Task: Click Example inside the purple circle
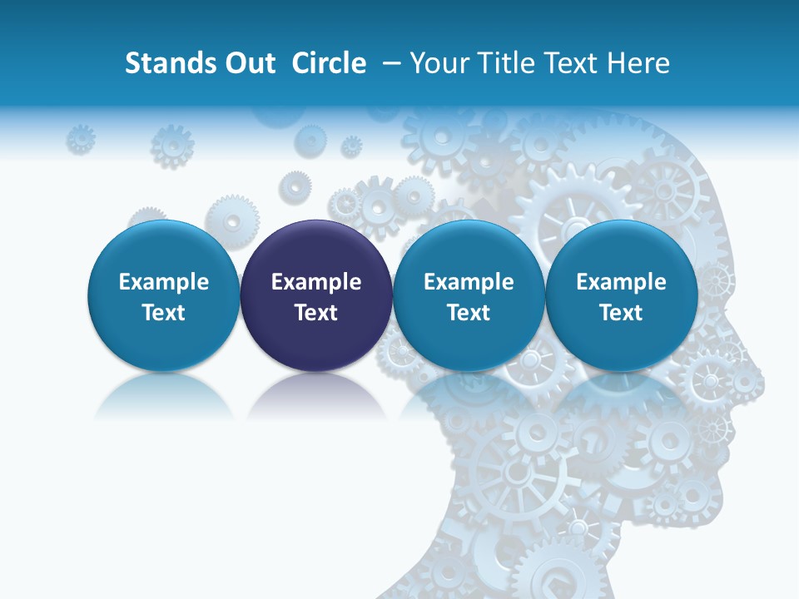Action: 316,282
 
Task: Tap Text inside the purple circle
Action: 316,313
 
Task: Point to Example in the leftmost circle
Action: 163,282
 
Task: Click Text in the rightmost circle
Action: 621,313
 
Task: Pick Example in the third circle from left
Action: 469,282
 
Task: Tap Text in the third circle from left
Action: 469,313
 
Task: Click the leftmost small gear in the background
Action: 81,138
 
